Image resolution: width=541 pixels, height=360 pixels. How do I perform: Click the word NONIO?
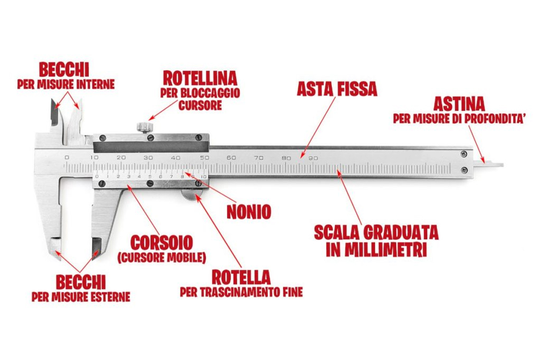point(248,212)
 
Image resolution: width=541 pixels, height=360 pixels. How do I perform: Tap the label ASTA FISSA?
point(337,89)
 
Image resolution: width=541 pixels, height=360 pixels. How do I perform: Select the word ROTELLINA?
point(200,78)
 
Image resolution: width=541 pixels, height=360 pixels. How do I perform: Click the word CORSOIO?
point(162,243)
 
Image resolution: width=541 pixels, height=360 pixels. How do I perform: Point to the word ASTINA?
point(459,104)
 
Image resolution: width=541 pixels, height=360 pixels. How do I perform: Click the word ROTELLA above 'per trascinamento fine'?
point(241,277)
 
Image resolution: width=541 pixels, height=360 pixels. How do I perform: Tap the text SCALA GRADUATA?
point(376,233)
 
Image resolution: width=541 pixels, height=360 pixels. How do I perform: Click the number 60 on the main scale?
point(231,158)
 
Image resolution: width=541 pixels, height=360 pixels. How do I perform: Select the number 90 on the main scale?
point(313,158)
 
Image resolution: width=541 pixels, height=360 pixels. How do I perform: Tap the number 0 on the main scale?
point(67,157)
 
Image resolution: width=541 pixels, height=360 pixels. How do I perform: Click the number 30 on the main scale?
point(148,158)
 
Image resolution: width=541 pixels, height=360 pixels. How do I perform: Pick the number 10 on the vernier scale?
point(204,177)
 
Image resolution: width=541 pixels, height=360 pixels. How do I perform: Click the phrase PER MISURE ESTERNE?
point(81,297)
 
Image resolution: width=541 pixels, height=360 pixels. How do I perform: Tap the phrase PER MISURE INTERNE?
point(66,84)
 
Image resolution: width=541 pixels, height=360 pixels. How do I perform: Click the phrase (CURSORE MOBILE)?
point(162,258)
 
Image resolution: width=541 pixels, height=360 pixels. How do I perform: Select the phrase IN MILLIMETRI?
point(376,250)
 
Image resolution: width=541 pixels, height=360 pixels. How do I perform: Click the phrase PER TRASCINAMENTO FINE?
point(241,292)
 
